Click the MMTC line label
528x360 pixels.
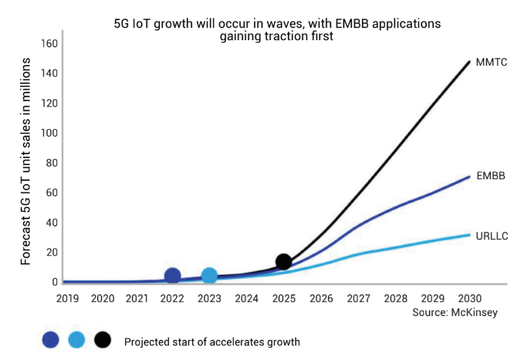point(490,62)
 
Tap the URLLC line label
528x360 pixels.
point(492,235)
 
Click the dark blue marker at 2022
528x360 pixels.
point(173,276)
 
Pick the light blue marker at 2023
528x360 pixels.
point(209,276)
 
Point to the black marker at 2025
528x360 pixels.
point(283,262)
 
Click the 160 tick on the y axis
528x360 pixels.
point(49,43)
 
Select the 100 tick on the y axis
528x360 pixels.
point(49,133)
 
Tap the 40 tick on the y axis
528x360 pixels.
point(52,222)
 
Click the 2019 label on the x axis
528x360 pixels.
point(67,297)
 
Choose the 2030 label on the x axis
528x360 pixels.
point(470,297)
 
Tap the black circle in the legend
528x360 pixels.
point(103,340)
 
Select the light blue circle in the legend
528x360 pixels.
point(76,340)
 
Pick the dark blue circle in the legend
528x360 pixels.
point(50,340)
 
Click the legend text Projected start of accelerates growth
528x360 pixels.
point(212,341)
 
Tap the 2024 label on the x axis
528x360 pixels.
point(246,297)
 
